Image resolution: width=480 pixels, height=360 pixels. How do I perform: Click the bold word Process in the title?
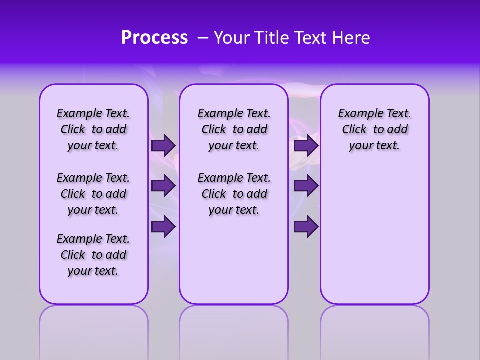pyautogui.click(x=154, y=38)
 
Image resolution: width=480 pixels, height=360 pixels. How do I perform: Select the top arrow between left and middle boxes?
pyautogui.click(x=163, y=145)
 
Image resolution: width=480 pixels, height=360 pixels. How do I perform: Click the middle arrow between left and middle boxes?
pyautogui.click(x=163, y=186)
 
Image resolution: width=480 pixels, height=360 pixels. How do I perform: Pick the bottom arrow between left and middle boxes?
pyautogui.click(x=163, y=226)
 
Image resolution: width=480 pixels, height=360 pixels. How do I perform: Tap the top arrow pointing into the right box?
pyautogui.click(x=306, y=145)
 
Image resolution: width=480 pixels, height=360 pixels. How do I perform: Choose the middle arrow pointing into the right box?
pyautogui.click(x=306, y=186)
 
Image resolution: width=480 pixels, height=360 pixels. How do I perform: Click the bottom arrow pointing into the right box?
pyautogui.click(x=306, y=226)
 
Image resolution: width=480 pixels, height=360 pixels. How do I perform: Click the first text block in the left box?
pyautogui.click(x=93, y=129)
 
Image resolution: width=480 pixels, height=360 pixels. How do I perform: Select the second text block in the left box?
pyautogui.click(x=93, y=194)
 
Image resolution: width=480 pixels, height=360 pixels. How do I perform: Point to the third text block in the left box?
pyautogui.click(x=93, y=255)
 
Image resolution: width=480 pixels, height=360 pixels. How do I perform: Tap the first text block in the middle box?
pyautogui.click(x=234, y=129)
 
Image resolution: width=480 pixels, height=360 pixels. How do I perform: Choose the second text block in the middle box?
pyautogui.click(x=234, y=194)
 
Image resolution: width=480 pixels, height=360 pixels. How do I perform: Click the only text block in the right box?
pyautogui.click(x=374, y=129)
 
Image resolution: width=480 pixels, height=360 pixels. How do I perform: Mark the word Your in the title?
pyautogui.click(x=231, y=38)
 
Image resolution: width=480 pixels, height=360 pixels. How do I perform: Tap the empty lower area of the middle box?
pyautogui.click(x=234, y=260)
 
